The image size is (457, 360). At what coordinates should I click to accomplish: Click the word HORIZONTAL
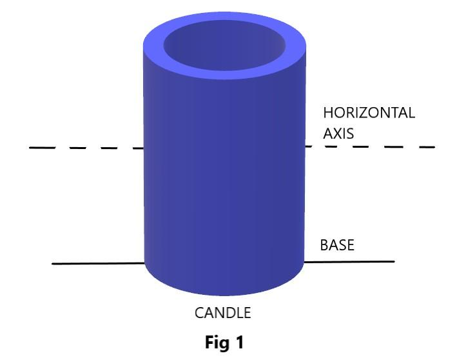369,113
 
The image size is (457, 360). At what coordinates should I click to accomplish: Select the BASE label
337,246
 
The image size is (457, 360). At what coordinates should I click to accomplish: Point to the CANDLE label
222,314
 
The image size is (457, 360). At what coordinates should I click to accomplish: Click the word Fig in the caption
219,343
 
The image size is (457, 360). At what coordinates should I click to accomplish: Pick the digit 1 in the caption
240,343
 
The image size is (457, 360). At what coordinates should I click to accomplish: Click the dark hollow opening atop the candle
224,48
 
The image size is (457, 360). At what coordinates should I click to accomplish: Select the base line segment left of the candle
97,263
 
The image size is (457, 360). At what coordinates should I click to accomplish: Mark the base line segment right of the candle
348,261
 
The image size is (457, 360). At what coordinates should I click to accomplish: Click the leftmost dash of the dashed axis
43,148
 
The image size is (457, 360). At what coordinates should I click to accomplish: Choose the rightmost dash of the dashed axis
425,146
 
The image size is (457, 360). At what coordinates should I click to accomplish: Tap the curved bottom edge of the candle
224,294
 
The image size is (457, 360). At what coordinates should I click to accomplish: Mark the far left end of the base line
53,264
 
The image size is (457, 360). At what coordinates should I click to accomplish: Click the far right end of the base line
393,261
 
